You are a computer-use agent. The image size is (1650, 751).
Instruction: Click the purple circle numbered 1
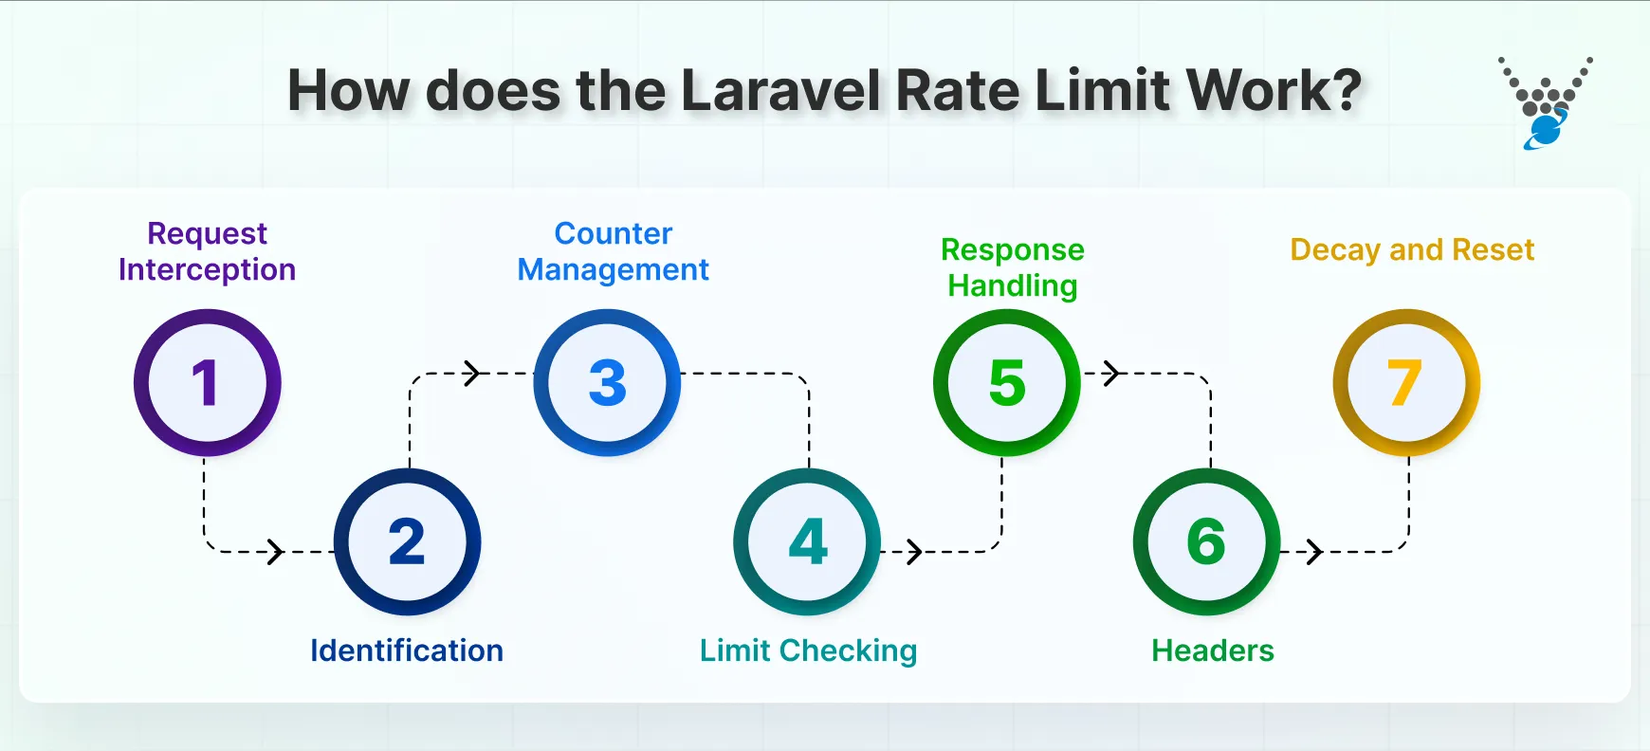click(207, 382)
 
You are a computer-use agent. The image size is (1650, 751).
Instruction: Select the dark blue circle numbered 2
click(407, 541)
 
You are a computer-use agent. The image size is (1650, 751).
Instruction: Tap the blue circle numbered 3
click(607, 382)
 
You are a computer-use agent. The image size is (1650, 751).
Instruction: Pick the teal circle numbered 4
click(807, 541)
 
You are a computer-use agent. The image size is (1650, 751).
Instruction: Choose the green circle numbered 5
click(1007, 382)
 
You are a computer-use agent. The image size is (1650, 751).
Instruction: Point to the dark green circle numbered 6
click(1206, 541)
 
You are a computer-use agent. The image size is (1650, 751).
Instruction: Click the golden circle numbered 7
click(1406, 382)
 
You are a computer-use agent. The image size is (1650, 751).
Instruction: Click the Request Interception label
click(207, 251)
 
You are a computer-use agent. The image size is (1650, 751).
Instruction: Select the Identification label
click(407, 650)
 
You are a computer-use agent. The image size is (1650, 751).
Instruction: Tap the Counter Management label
click(613, 251)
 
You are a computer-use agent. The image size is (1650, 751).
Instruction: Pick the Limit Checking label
click(808, 650)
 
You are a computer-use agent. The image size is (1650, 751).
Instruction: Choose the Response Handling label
click(1012, 267)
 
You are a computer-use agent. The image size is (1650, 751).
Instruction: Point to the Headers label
click(1212, 650)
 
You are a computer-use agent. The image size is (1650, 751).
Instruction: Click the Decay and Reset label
click(1412, 249)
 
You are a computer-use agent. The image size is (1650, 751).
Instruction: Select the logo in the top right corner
click(1545, 102)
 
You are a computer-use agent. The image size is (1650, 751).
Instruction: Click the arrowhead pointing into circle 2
click(276, 551)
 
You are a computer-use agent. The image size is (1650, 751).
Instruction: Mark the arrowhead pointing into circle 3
click(472, 374)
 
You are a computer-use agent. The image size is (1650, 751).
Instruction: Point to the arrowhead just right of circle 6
click(1314, 551)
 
